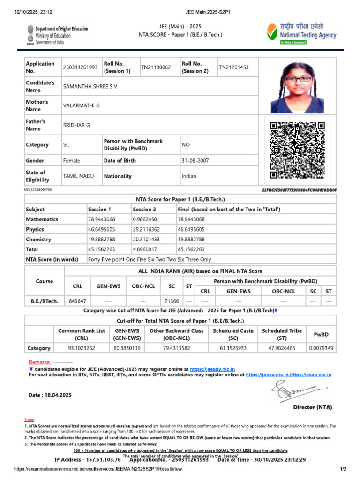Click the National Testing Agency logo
(301, 34)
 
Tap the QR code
(297, 150)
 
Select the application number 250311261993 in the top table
(80, 67)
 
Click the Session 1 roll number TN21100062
(156, 67)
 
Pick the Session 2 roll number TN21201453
(233, 67)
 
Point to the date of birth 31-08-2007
(195, 161)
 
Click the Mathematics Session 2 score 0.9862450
(145, 219)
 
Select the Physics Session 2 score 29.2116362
(146, 230)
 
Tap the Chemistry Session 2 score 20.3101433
(146, 240)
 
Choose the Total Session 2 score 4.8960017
(145, 249)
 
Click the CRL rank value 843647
(77, 301)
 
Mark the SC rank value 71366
(170, 301)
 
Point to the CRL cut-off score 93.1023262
(82, 348)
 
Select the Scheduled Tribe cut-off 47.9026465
(282, 348)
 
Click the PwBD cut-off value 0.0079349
(321, 348)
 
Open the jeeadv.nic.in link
(212, 369)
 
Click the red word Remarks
(39, 362)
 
